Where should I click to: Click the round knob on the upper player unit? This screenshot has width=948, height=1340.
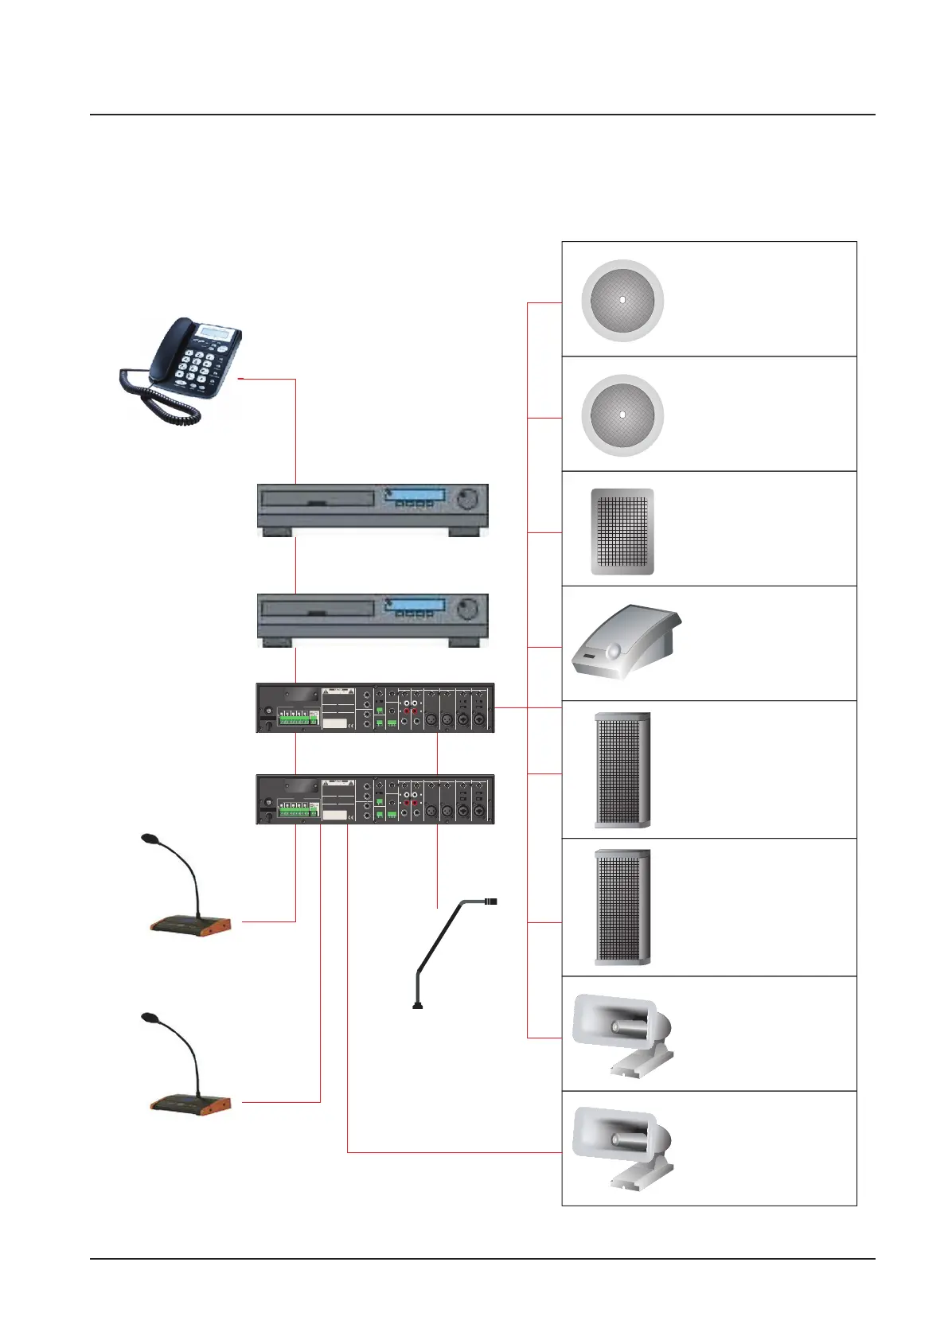click(x=469, y=499)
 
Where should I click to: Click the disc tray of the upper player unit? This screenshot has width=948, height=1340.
click(x=318, y=500)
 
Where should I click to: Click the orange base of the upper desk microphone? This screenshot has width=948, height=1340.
click(x=191, y=925)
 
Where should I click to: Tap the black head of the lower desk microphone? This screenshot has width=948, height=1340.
click(x=150, y=1017)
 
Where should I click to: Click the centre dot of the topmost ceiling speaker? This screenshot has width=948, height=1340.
click(x=622, y=300)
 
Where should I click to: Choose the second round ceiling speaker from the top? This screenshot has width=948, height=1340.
click(x=622, y=415)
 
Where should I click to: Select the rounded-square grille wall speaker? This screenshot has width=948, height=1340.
click(x=622, y=531)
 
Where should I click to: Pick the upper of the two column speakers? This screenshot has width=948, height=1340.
click(x=622, y=769)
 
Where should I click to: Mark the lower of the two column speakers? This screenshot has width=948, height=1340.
click(x=622, y=907)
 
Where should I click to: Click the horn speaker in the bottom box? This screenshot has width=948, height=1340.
click(x=621, y=1146)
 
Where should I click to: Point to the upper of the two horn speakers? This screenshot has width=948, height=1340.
click(x=621, y=1032)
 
